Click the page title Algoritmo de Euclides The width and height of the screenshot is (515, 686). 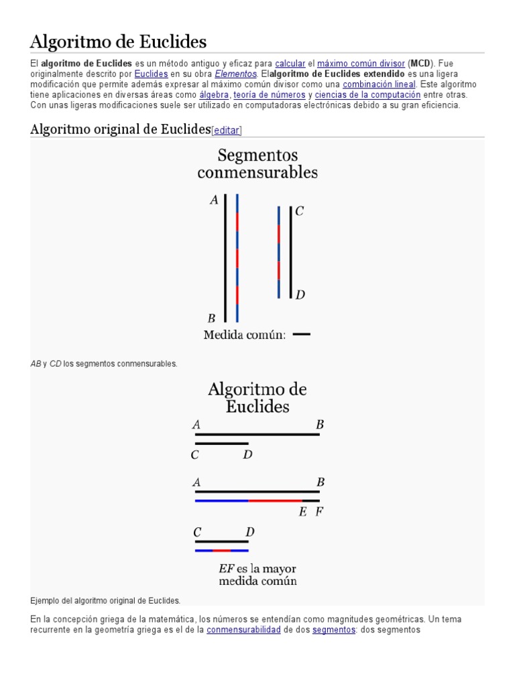tap(118, 42)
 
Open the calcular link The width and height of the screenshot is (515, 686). tap(290, 63)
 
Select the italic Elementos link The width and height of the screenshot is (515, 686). tap(235, 74)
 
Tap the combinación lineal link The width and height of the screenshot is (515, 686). tap(379, 84)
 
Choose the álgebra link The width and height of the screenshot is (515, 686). tap(213, 95)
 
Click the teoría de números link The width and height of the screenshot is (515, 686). tap(269, 95)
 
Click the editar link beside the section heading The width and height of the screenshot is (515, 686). tap(227, 131)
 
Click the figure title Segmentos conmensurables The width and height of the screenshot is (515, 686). tap(257, 164)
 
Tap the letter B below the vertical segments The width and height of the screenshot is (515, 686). tap(211, 319)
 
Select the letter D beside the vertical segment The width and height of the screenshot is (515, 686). tap(300, 295)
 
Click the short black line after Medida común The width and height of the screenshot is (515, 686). tap(302, 334)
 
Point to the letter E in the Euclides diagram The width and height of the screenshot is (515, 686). tap(302, 512)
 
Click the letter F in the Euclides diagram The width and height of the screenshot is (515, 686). tap(319, 512)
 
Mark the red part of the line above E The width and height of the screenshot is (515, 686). tap(275, 500)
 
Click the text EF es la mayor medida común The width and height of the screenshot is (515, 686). tap(257, 575)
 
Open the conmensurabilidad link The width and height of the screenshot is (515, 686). tap(243, 630)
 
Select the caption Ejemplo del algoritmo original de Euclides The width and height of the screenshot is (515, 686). tap(105, 600)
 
